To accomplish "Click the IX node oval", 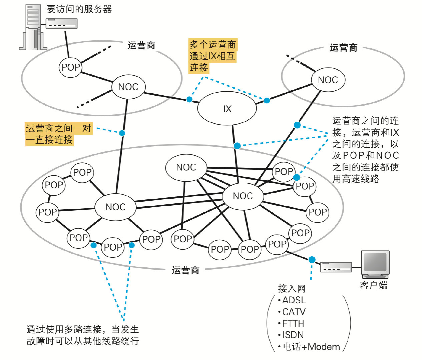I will click(227, 109).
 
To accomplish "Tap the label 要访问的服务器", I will click(79, 9).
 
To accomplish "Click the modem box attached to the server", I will click(61, 23).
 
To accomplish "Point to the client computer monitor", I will click(375, 264).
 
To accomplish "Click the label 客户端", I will click(373, 285).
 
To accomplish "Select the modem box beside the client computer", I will click(336, 267).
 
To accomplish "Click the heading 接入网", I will click(292, 288).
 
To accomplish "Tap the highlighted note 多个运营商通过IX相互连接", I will click(213, 56).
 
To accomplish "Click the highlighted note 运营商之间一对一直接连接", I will click(58, 134).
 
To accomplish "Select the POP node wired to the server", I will click(71, 67).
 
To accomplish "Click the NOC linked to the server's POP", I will click(128, 87).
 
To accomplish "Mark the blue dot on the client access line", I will click(312, 260).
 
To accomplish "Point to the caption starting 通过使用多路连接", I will click(82, 335).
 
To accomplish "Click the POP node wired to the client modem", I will click(277, 244).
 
